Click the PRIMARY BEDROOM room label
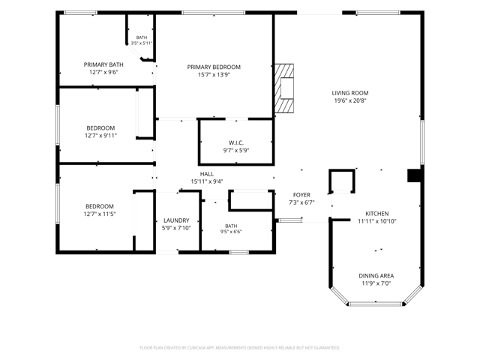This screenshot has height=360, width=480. (x=214, y=67)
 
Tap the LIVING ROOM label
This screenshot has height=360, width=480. (x=350, y=93)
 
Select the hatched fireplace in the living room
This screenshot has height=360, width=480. (x=284, y=88)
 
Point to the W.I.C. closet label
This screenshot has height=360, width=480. (x=236, y=142)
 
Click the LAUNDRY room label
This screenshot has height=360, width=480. (x=176, y=220)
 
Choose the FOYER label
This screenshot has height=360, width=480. (x=301, y=195)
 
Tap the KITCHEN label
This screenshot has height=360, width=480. (x=377, y=214)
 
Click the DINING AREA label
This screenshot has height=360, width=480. (x=376, y=276)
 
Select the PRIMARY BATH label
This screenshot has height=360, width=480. (x=103, y=64)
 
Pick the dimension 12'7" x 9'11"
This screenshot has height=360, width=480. (x=100, y=136)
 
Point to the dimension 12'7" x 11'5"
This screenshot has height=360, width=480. (x=100, y=214)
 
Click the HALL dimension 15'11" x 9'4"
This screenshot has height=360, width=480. (x=207, y=181)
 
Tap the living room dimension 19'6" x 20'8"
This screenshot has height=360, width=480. (x=350, y=100)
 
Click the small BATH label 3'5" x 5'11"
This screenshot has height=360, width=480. (x=142, y=40)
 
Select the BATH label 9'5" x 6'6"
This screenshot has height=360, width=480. (x=231, y=229)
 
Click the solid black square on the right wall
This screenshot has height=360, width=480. (x=415, y=175)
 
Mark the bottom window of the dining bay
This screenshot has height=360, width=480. (x=376, y=304)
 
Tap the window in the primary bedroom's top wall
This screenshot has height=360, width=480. (x=213, y=13)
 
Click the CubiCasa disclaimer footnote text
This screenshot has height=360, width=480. (x=240, y=348)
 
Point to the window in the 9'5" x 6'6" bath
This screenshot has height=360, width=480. (x=239, y=252)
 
